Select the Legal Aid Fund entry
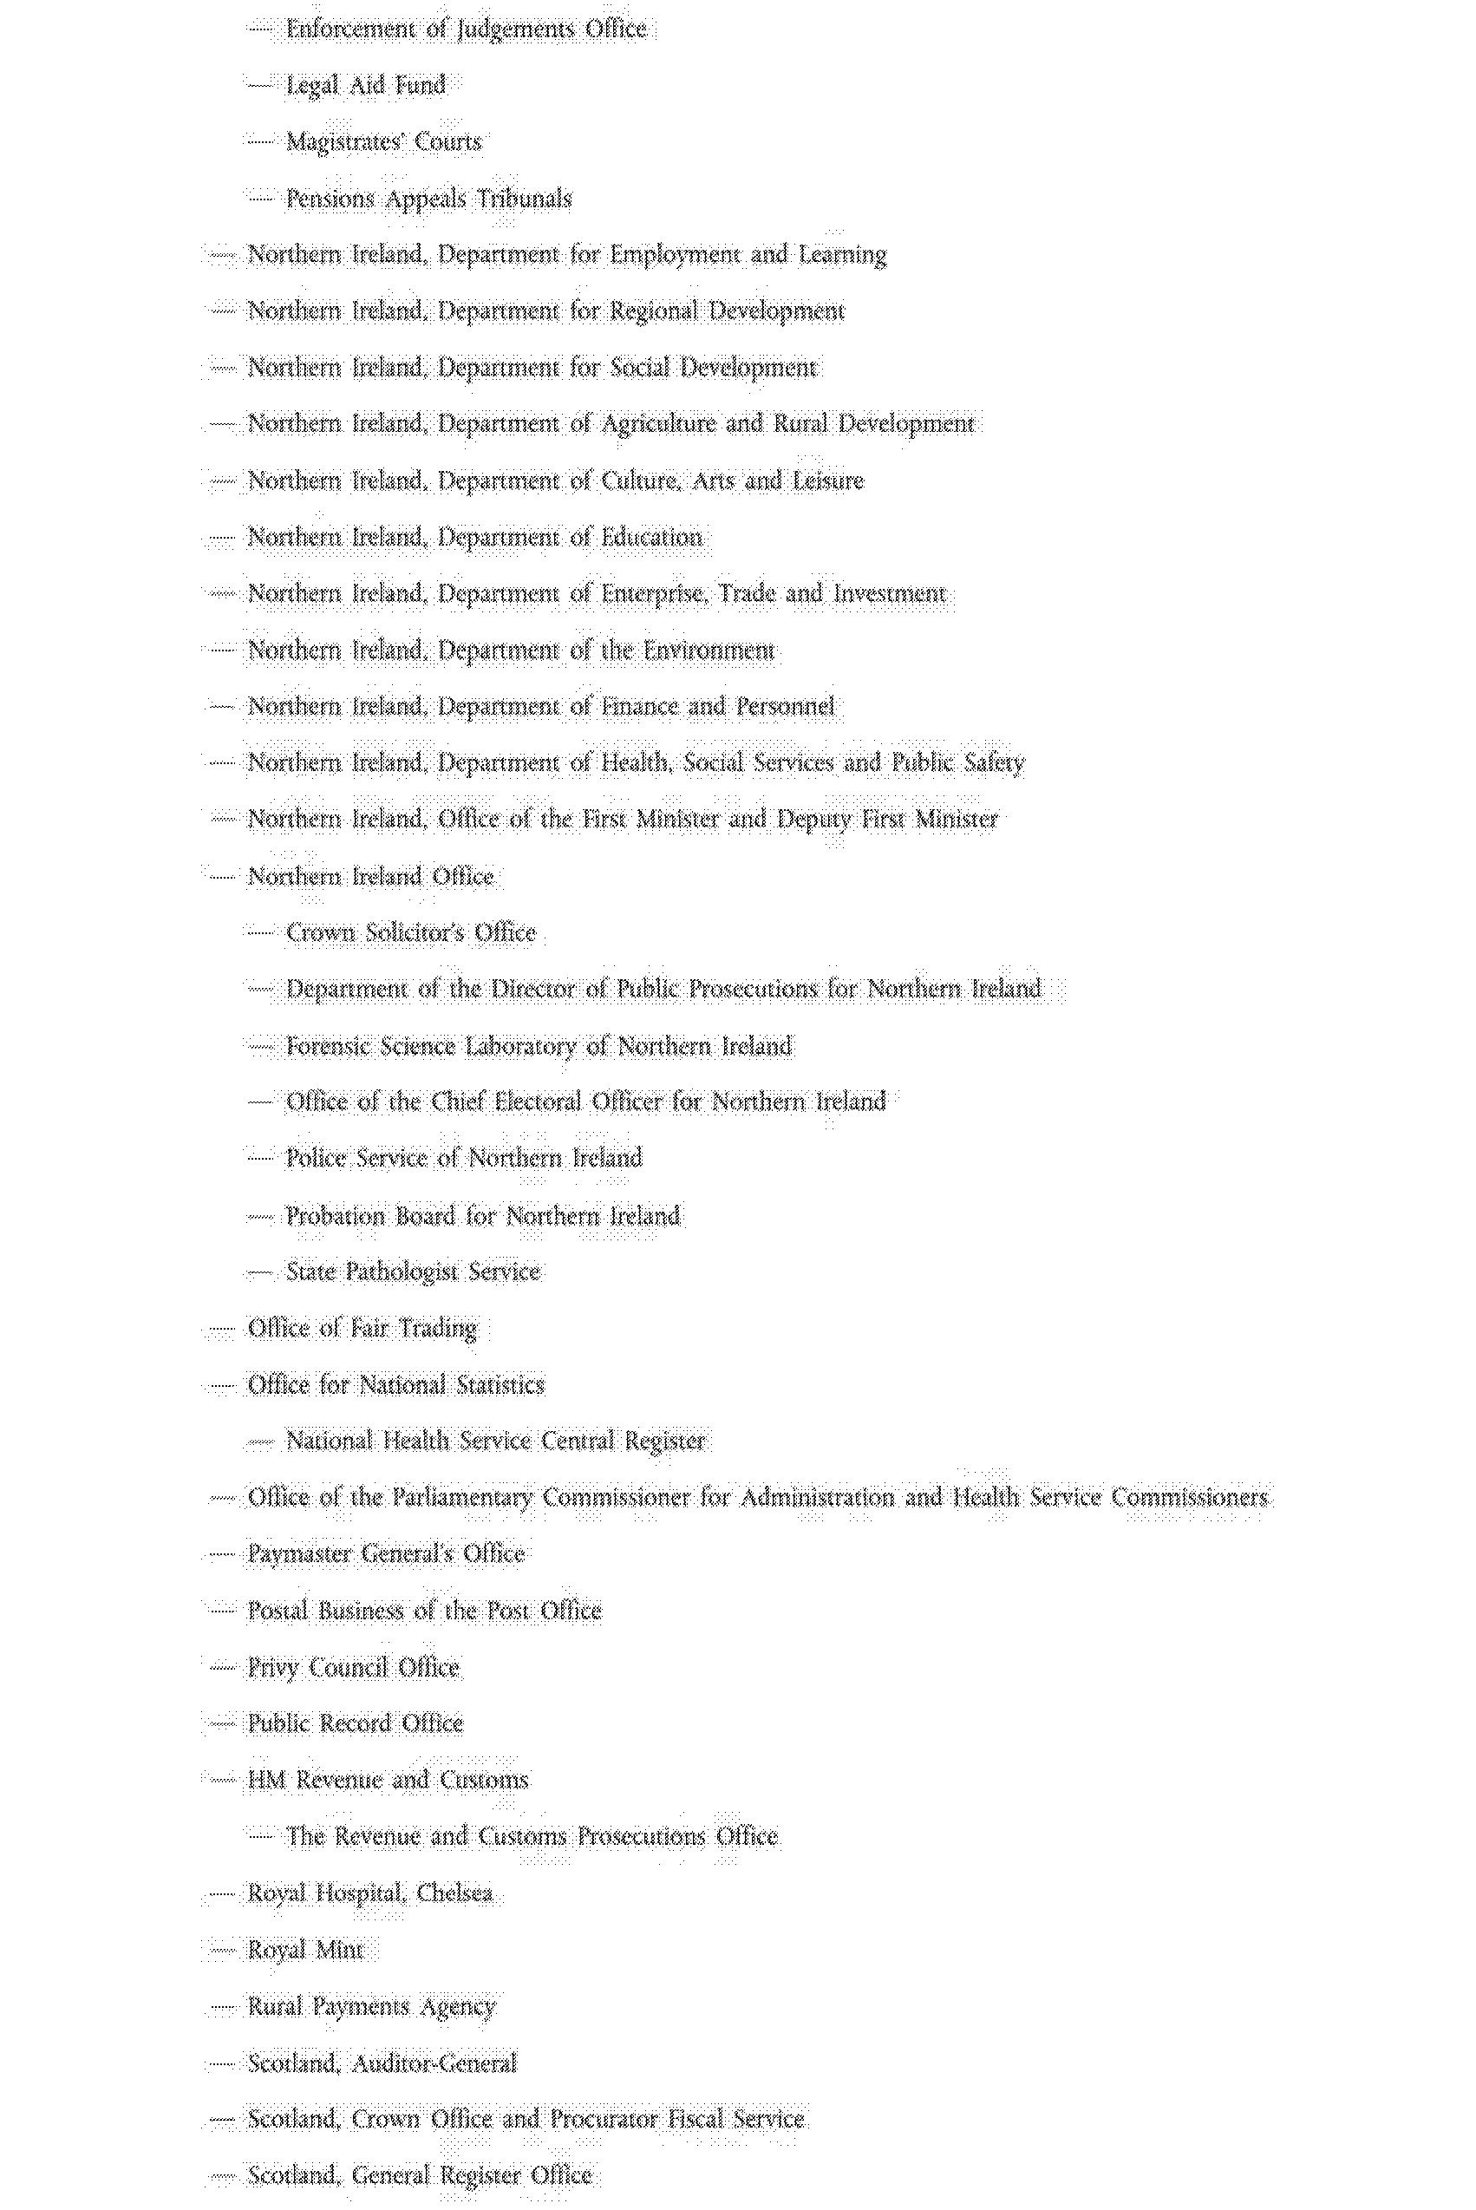[x=365, y=86]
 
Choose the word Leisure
[x=827, y=481]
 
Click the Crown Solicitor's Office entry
[x=410, y=932]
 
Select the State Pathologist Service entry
[x=412, y=1272]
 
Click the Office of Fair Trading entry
[x=362, y=1328]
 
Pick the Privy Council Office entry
[x=353, y=1667]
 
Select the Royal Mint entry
[x=305, y=1949]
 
